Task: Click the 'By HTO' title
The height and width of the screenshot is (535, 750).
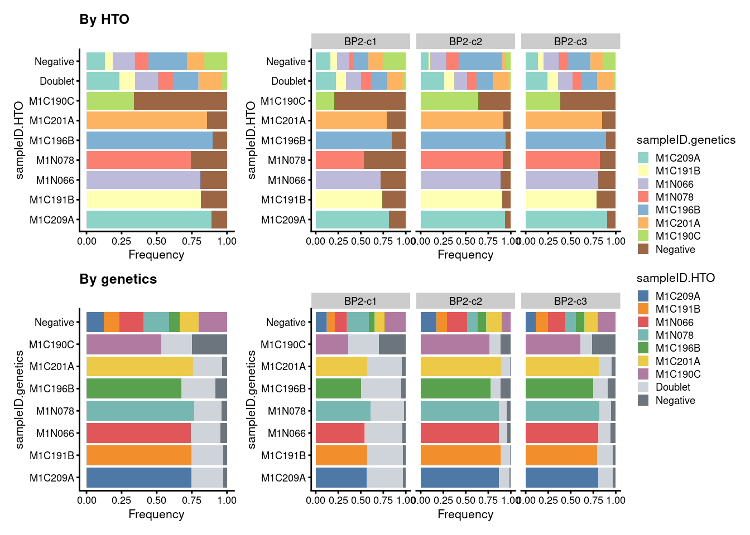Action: pyautogui.click(x=104, y=20)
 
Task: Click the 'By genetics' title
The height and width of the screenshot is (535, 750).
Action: pyautogui.click(x=118, y=279)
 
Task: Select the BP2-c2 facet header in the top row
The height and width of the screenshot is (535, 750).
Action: pyautogui.click(x=465, y=41)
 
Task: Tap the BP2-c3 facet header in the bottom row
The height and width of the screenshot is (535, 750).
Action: pyautogui.click(x=570, y=301)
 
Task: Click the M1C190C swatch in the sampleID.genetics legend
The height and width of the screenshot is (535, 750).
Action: pyautogui.click(x=643, y=236)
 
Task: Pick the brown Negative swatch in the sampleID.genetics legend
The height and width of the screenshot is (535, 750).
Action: pyautogui.click(x=643, y=249)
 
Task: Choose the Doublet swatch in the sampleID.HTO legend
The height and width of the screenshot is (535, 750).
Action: pyautogui.click(x=643, y=387)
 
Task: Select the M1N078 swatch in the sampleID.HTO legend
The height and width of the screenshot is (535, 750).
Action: pyautogui.click(x=643, y=335)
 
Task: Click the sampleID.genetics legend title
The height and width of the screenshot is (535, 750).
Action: pyautogui.click(x=686, y=140)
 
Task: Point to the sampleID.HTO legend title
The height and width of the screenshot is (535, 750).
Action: pyautogui.click(x=675, y=278)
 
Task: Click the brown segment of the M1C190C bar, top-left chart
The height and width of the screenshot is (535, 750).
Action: pyautogui.click(x=180, y=101)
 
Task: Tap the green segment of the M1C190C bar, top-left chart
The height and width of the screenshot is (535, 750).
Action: pyautogui.click(x=110, y=101)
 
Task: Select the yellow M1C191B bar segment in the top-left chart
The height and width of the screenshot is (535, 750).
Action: pyautogui.click(x=143, y=200)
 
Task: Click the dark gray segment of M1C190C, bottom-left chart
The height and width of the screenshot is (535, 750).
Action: pyautogui.click(x=209, y=344)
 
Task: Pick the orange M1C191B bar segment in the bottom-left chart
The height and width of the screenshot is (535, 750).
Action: pyautogui.click(x=139, y=455)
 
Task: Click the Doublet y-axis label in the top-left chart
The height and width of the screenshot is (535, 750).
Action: pyautogui.click(x=57, y=81)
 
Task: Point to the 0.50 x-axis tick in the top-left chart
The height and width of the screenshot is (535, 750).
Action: pyautogui.click(x=156, y=241)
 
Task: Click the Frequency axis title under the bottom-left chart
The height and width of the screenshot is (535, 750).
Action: pyautogui.click(x=156, y=514)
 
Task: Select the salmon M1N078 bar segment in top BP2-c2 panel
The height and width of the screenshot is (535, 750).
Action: pyautogui.click(x=461, y=160)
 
